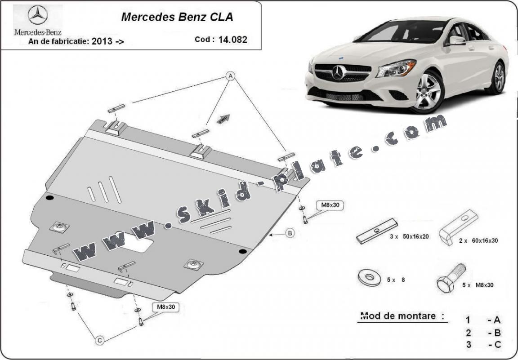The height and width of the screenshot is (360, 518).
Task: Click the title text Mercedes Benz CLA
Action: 177,18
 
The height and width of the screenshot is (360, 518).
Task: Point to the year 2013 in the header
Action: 102,42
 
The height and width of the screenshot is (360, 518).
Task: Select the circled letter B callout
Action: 290,233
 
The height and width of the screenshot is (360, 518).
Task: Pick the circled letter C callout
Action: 100,341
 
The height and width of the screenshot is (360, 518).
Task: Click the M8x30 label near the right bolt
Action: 331,205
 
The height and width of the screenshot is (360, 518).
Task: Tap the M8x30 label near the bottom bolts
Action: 165,307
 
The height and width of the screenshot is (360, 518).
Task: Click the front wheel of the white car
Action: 428,92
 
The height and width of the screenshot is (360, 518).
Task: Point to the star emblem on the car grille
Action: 338,72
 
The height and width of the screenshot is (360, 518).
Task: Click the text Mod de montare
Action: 398,316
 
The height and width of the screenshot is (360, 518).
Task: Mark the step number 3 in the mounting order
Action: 468,345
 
